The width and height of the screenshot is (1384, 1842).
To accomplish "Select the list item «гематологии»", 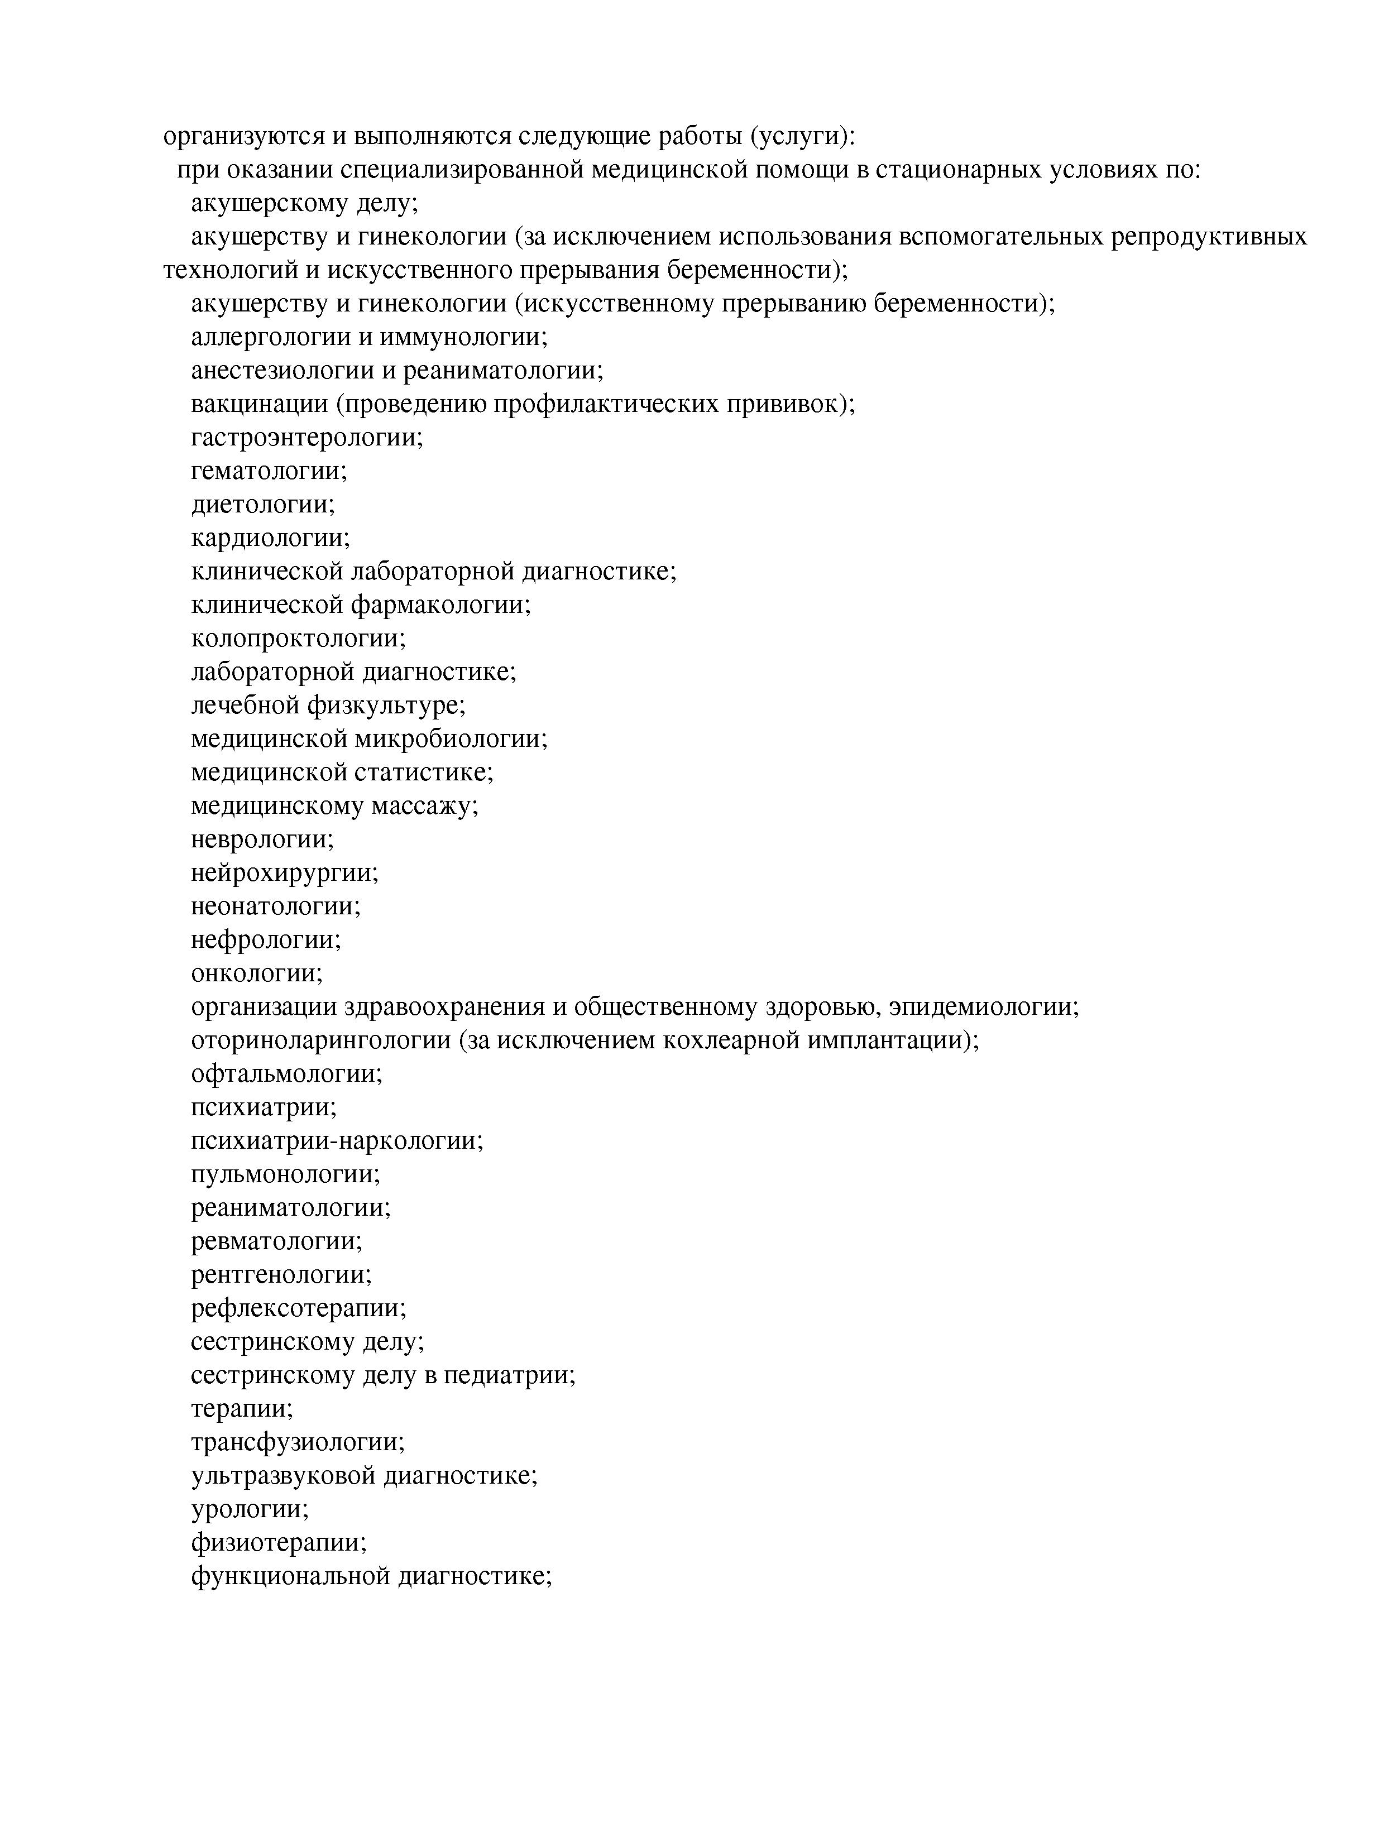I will [x=268, y=471].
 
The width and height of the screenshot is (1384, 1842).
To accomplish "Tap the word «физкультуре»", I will [x=386, y=706].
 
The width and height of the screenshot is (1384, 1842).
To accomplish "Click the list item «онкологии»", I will [x=256, y=972].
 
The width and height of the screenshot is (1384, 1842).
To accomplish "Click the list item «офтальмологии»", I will [x=286, y=1073].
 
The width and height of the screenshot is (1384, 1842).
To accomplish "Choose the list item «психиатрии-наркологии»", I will [x=337, y=1140].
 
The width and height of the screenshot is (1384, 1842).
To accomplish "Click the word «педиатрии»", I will [x=509, y=1375].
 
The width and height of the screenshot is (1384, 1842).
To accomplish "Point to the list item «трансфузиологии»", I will [x=297, y=1442].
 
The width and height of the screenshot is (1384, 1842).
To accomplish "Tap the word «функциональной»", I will [x=291, y=1576].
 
